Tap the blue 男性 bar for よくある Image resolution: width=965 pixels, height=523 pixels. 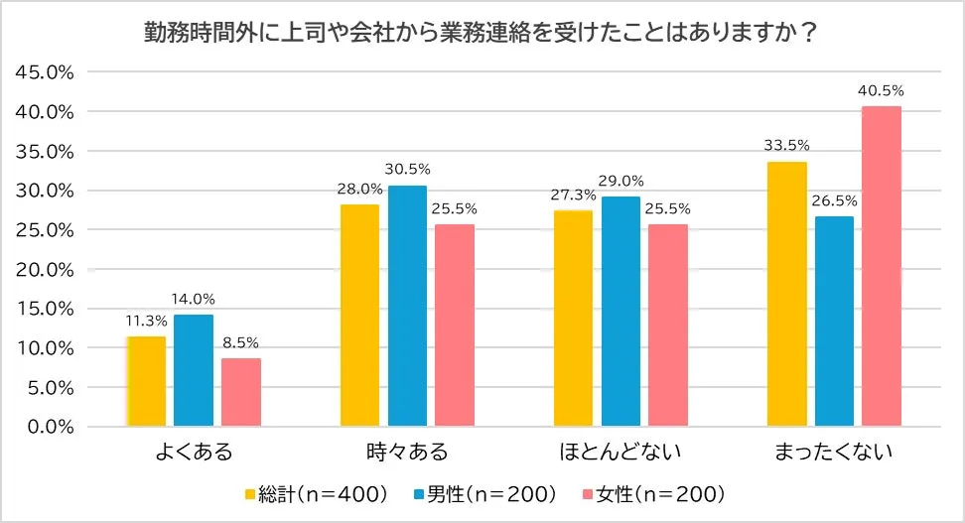[x=194, y=370]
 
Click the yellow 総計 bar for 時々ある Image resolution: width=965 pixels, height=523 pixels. [x=359, y=316]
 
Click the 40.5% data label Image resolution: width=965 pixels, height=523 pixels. [x=882, y=91]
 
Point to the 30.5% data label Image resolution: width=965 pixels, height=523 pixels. [x=407, y=170]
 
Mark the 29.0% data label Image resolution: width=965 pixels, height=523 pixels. [x=620, y=182]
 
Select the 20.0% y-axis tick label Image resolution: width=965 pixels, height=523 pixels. [x=45, y=269]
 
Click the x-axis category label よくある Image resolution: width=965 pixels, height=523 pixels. [x=194, y=454]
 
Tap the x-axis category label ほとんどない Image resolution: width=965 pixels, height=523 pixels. [x=620, y=454]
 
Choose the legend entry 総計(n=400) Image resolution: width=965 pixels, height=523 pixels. [x=316, y=493]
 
